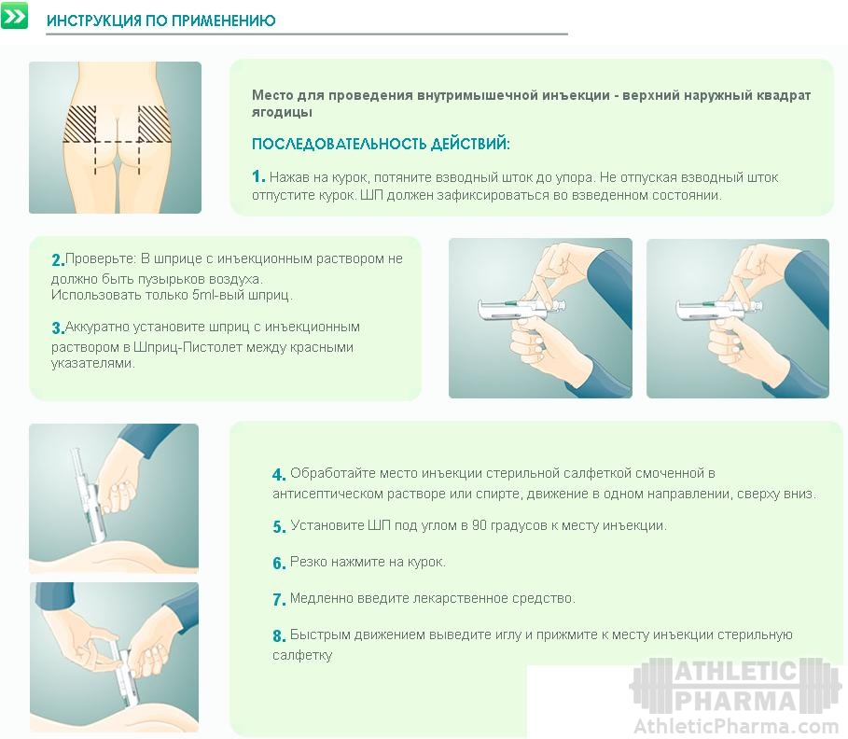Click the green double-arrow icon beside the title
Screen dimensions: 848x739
pos(14,16)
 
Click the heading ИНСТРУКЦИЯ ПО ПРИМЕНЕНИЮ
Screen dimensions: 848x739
pos(161,21)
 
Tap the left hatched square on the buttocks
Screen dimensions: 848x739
pos(80,124)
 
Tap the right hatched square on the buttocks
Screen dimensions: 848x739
pos(155,124)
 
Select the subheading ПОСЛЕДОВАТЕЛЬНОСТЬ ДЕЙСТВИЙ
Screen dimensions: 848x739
pos(381,144)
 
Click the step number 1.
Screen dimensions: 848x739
pos(258,176)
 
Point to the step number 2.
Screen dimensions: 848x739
pos(58,260)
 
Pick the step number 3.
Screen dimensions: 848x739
pos(58,328)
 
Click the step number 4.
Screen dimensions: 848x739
pos(279,474)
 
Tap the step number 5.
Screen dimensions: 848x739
pos(279,527)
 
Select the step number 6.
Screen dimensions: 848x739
pos(279,564)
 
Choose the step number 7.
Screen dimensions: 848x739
pos(279,599)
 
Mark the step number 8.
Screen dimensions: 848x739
pos(279,635)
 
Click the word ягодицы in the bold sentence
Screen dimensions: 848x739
pos(283,113)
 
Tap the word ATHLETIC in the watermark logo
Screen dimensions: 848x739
pos(735,672)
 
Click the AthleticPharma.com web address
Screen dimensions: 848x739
pos(735,726)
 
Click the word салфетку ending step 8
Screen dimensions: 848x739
pos(302,655)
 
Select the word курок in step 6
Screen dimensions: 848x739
pos(428,562)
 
